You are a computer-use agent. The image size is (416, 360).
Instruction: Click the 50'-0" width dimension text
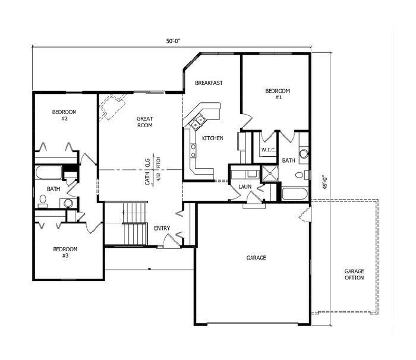coord(174,41)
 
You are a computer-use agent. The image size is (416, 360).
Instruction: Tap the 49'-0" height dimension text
coord(326,182)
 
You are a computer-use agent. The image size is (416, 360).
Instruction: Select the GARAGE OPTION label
coord(354,274)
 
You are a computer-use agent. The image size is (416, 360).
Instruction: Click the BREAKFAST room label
coord(209,83)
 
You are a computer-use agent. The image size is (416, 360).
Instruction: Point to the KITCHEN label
coord(213,138)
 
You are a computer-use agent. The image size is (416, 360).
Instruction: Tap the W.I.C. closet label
coord(269,150)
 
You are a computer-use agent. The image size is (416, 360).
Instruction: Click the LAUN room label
coord(245,187)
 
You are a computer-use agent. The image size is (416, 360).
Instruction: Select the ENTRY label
coord(162,228)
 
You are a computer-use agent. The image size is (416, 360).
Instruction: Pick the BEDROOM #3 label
coord(65,252)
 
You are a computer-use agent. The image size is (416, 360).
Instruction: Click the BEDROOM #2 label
coord(64,115)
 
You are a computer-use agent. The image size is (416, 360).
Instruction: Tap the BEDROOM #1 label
coord(278,94)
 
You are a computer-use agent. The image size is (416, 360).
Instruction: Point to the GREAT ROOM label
coord(145,122)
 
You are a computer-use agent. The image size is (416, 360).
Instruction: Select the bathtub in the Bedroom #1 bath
coord(295,194)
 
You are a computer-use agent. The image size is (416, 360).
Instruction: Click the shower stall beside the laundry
coord(270,173)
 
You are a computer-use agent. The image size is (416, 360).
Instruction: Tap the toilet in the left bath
coord(43,200)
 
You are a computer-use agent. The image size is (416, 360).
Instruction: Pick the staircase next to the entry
coord(135,223)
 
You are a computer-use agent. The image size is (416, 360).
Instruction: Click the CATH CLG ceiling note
coord(147,172)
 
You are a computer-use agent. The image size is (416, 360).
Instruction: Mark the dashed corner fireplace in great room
coord(112,107)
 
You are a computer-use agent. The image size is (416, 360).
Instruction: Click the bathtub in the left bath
coord(49,172)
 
